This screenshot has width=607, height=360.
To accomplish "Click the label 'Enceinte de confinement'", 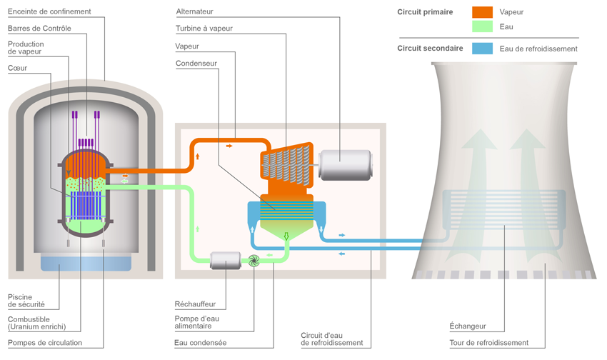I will (x=49, y=12).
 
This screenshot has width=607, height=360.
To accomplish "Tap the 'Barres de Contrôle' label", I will (x=39, y=29).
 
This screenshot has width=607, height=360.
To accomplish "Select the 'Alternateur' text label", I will (x=194, y=12).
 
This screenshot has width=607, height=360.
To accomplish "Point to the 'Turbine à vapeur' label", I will (x=204, y=29).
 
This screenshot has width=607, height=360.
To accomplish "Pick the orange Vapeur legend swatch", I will (x=482, y=12).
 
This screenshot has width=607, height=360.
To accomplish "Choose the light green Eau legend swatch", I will (x=482, y=27).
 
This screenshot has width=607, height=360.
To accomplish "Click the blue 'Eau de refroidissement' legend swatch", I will (x=482, y=49).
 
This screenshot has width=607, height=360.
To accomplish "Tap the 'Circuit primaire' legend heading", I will (x=425, y=12).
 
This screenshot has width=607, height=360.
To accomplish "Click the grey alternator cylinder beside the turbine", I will (x=345, y=165).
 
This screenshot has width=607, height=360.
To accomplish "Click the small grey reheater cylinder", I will (x=226, y=261).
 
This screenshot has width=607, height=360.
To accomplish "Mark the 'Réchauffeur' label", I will (x=195, y=304).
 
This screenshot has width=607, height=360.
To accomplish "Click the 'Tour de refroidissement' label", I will (x=489, y=343).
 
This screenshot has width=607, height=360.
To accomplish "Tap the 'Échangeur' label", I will (x=467, y=326).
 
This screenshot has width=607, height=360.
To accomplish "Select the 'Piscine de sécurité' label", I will (x=28, y=301).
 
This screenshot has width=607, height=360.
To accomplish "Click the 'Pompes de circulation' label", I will (x=44, y=343).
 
